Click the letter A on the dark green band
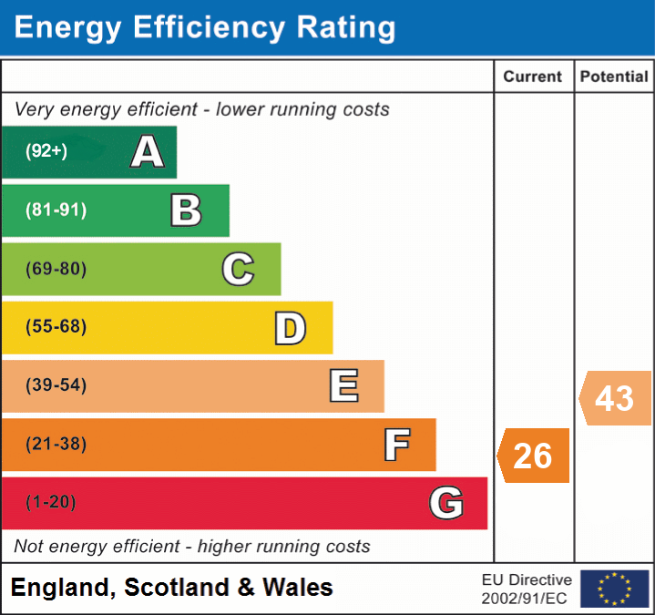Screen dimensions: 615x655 [148, 151]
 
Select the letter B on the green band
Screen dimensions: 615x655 [186, 210]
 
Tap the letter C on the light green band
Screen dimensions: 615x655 [238, 269]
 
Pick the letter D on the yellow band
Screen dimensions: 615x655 [290, 328]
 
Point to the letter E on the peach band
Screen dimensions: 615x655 [343, 386]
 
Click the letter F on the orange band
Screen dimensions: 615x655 [396, 445]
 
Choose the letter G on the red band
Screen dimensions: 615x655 [446, 503]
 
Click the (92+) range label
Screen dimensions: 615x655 [46, 151]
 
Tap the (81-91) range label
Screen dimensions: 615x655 [56, 210]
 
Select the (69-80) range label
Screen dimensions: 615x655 [56, 269]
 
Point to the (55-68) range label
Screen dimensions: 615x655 [56, 327]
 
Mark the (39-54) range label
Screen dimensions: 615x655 [56, 385]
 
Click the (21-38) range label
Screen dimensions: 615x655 [56, 445]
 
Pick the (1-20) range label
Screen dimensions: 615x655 [51, 503]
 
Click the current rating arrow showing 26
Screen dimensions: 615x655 [534, 455]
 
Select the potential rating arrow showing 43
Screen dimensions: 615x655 [615, 398]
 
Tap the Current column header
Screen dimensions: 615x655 [534, 77]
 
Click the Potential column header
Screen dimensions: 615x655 [614, 77]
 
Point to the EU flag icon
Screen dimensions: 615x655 [614, 589]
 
